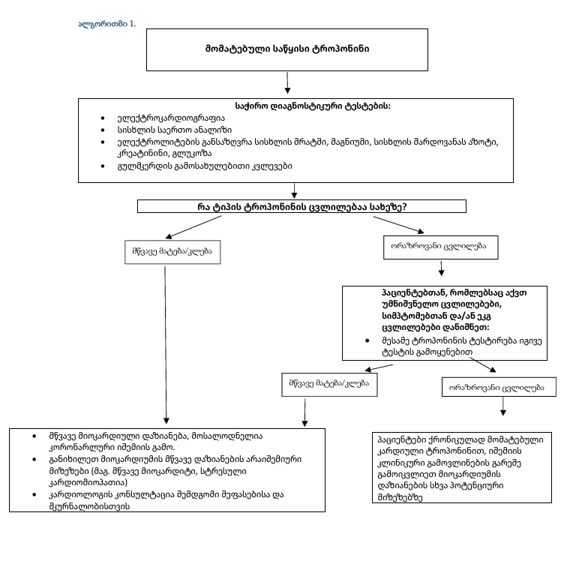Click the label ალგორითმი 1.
107,24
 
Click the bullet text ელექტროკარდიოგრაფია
160,118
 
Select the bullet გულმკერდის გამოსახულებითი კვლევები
200,165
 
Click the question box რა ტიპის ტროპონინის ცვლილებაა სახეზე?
302,206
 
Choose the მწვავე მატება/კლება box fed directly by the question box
166,251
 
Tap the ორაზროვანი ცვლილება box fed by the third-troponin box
502,387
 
